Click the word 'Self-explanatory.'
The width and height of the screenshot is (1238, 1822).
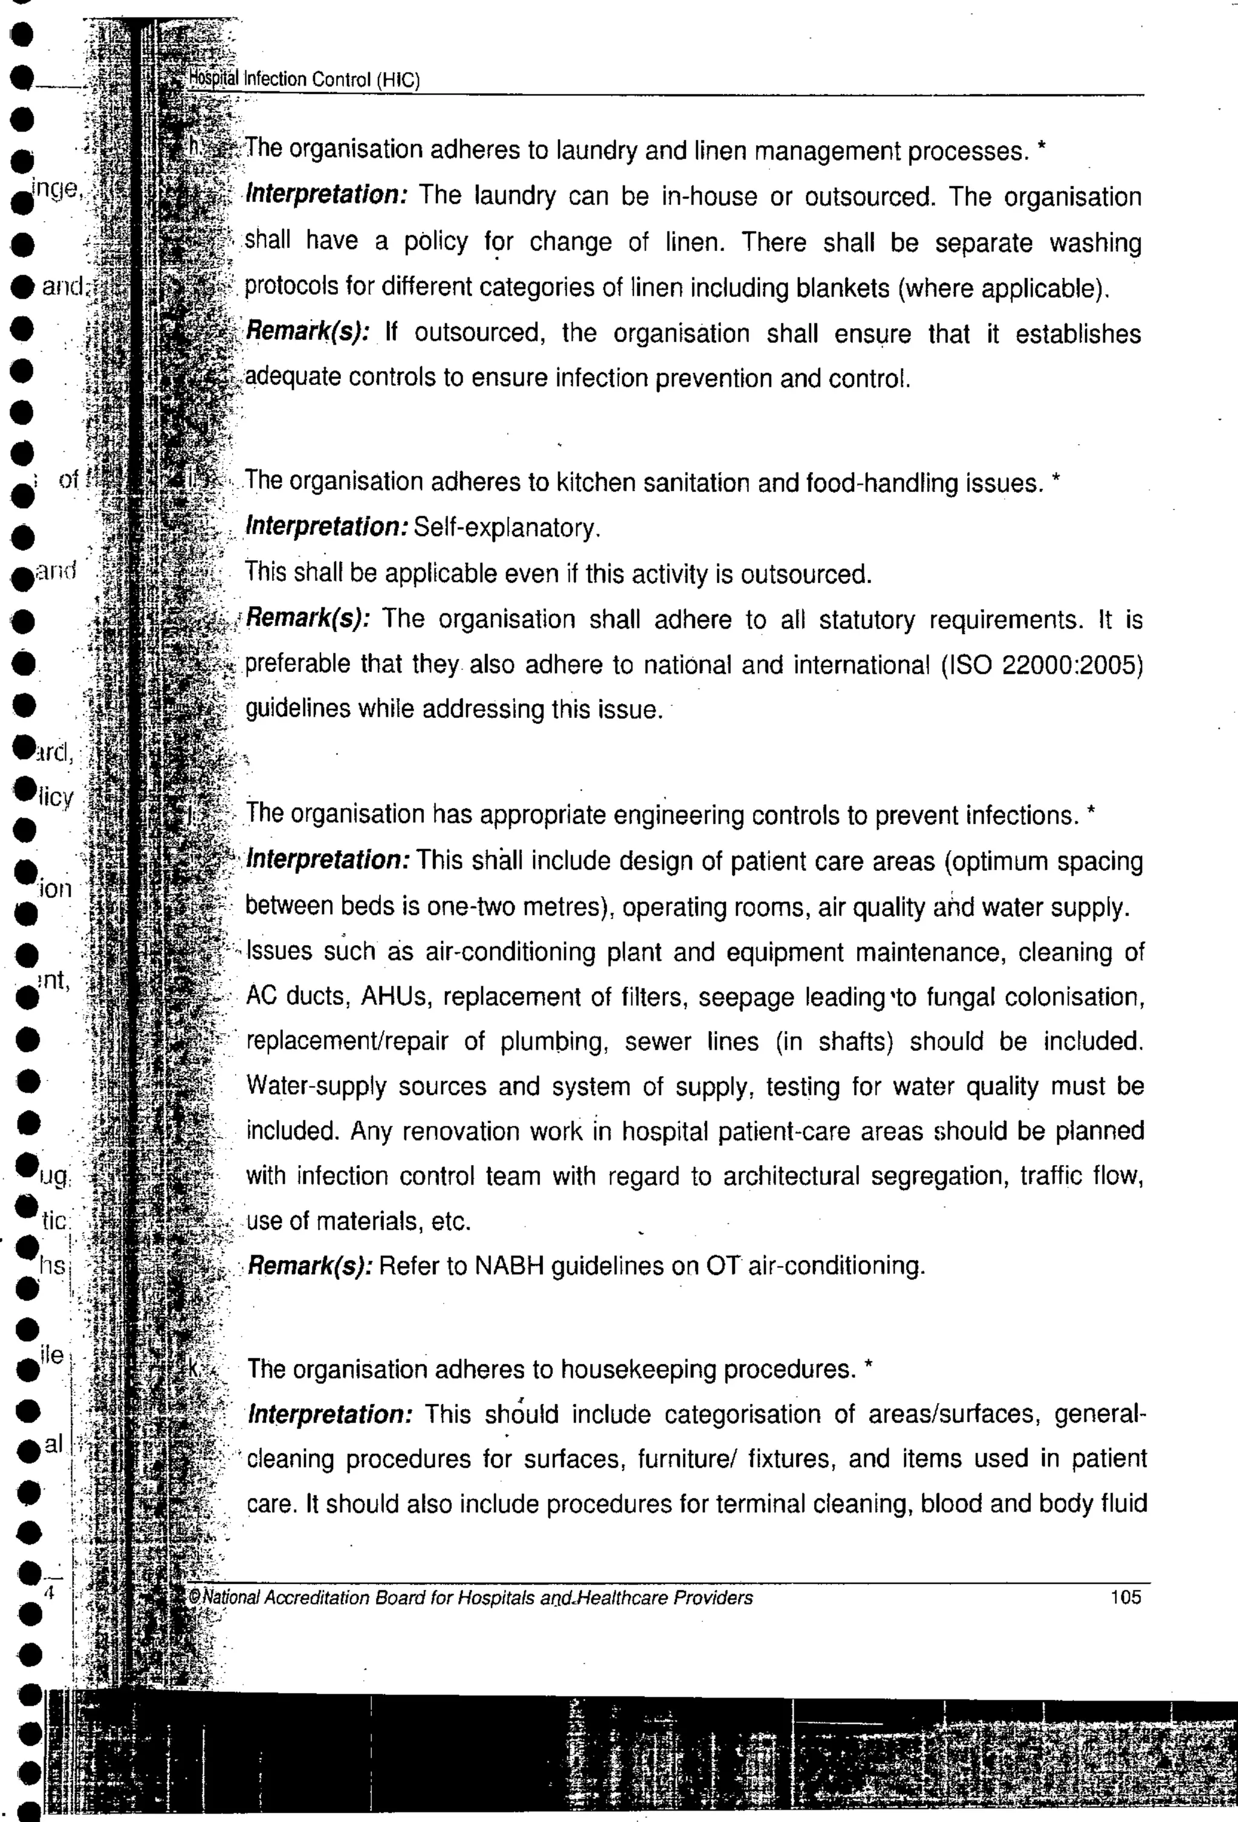pyautogui.click(x=507, y=528)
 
